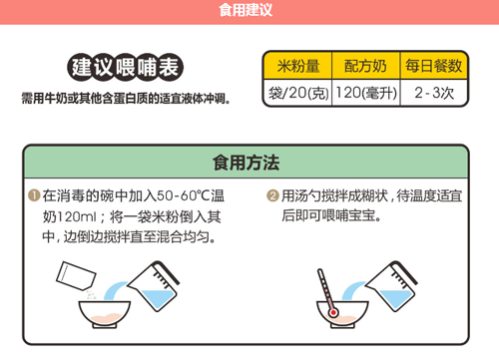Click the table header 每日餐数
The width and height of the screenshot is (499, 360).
point(434,66)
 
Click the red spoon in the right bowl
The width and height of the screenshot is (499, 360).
point(326,292)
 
